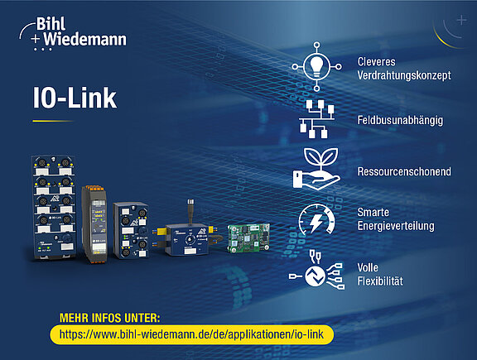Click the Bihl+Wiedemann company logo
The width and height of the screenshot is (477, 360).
pos(73,33)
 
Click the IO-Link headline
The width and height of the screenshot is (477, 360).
pos(75,98)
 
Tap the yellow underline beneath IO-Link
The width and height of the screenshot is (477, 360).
pos(53,121)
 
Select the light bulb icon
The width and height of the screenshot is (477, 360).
pos(316,66)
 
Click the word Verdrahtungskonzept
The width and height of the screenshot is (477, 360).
pos(404,75)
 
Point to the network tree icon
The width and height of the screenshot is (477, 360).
pos(316,119)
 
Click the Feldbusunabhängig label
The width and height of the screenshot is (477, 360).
pos(400,120)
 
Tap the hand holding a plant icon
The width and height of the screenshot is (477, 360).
pos(316,169)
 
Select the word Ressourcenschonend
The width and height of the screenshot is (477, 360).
pos(404,171)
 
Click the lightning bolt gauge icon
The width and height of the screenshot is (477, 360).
pos(316,220)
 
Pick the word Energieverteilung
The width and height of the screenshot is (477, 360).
pos(396,226)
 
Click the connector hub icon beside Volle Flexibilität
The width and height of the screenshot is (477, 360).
pos(316,271)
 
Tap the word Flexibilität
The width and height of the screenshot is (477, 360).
pos(380,281)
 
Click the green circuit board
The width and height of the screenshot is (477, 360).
pos(248,238)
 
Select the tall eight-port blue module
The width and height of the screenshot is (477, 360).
pos(54,208)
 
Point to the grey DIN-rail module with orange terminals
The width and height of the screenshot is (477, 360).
pos(95,223)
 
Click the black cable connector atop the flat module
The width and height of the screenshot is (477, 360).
pos(190,211)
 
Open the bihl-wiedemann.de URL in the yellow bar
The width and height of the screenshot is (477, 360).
pos(191,334)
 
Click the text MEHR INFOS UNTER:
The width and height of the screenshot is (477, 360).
pos(109,318)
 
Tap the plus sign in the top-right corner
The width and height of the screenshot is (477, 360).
pos(461,21)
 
